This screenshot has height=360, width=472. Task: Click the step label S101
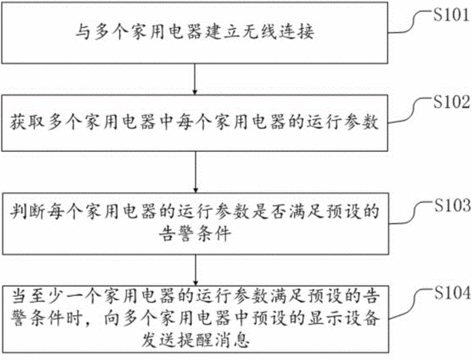click(451, 14)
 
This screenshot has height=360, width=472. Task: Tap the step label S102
click(451, 102)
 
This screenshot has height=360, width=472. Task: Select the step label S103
click(453, 206)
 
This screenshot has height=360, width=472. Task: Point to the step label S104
click(453, 293)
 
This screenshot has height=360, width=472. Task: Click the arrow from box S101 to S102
click(195, 79)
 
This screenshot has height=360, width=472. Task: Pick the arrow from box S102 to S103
click(196, 172)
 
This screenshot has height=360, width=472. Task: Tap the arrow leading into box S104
click(196, 270)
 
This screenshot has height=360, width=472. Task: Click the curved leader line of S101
click(410, 22)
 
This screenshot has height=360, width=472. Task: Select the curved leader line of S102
click(410, 110)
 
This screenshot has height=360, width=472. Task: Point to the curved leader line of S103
click(411, 214)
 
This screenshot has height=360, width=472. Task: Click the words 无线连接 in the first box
click(278, 32)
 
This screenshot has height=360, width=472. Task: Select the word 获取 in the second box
click(27, 122)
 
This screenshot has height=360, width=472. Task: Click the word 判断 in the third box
click(27, 212)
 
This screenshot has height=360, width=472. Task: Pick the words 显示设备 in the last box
click(343, 318)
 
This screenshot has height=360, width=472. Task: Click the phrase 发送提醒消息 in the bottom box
click(196, 341)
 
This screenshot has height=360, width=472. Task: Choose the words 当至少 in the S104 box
click(38, 297)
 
